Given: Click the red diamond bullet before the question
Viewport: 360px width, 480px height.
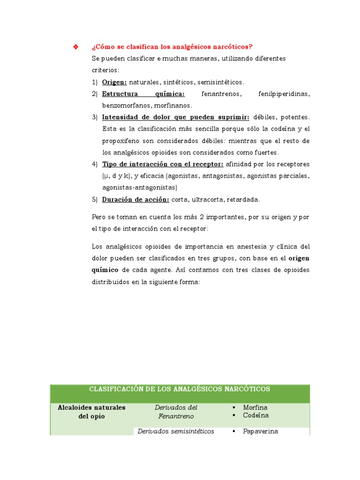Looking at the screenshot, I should point(75,46).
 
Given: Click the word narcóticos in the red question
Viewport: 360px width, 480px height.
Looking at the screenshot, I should point(234,46).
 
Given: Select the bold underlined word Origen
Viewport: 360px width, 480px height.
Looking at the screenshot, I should point(114,82).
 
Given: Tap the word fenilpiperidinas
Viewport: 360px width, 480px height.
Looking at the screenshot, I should point(284,94).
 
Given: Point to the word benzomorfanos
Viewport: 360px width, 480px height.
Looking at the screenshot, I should point(123,105).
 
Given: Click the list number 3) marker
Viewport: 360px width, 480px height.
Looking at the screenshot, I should point(95,117).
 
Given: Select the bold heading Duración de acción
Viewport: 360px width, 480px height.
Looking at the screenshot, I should point(135,199).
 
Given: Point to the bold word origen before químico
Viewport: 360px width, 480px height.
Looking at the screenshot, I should point(299,258).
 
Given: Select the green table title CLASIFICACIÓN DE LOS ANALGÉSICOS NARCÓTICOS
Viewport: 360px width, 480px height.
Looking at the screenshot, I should point(180,389).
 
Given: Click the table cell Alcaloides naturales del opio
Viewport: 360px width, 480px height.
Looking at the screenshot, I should point(91,412).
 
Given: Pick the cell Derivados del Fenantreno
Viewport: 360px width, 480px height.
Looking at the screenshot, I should point(176,412).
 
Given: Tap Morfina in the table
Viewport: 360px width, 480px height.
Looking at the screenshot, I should point(255,408).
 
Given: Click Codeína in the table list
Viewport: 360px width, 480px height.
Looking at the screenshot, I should point(256,415).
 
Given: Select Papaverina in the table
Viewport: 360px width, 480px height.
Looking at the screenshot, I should point(260,431).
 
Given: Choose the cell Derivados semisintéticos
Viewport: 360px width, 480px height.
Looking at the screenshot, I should point(176,431).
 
